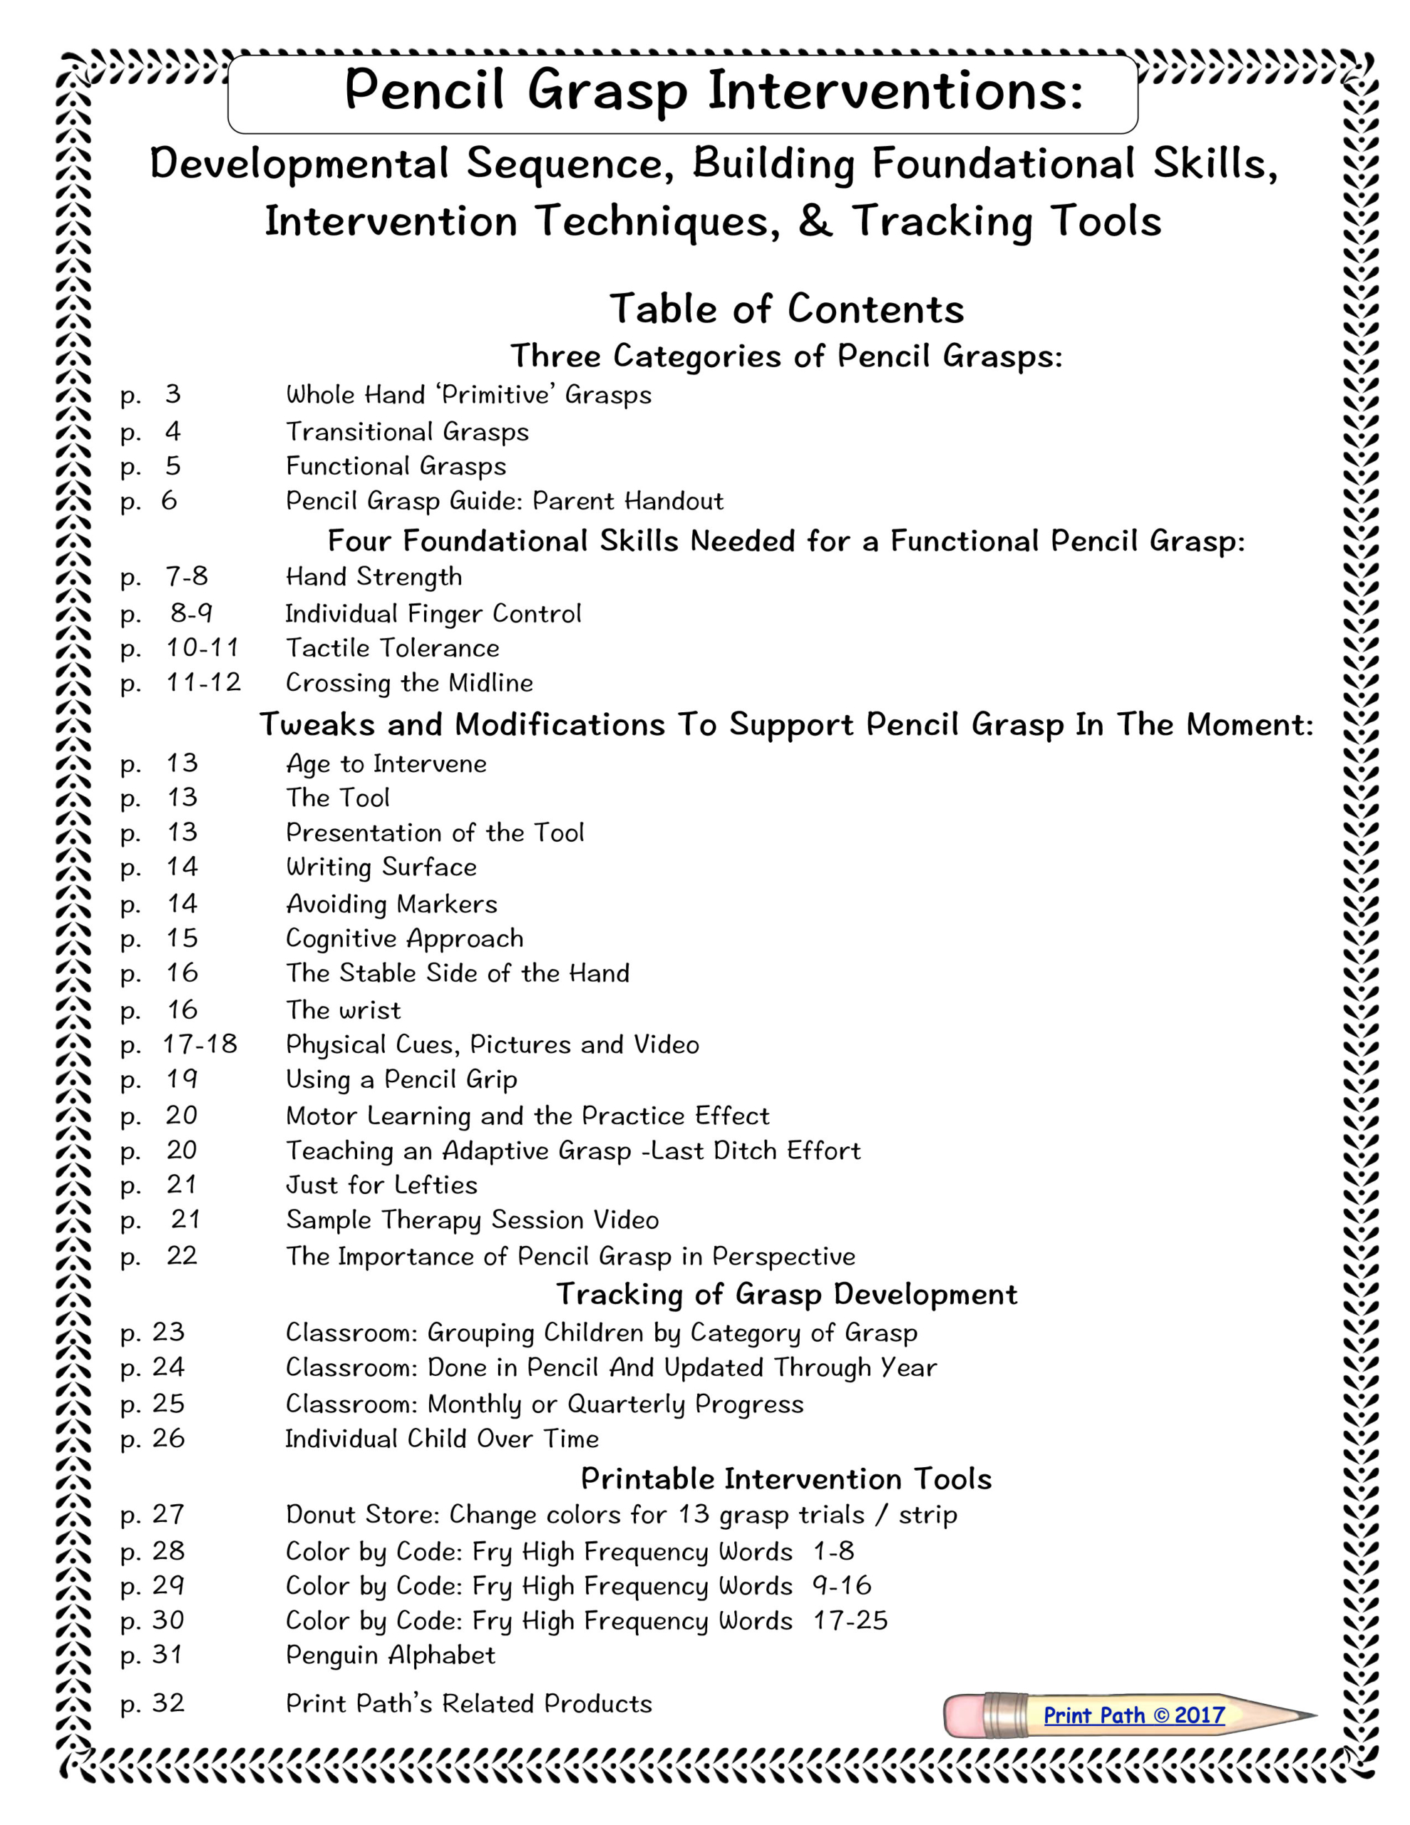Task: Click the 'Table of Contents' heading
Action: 786,309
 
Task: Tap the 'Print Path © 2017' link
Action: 1133,1715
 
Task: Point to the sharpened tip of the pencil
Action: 1308,1715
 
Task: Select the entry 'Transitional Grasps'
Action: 407,432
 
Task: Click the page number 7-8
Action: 186,577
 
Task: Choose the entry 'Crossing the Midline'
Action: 408,683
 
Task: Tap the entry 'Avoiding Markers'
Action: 391,904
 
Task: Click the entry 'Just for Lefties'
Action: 381,1185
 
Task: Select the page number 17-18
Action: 200,1044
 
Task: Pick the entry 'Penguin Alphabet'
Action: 391,1655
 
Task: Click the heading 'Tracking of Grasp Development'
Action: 786,1295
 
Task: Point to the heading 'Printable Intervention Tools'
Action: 786,1479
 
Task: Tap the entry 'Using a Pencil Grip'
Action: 401,1079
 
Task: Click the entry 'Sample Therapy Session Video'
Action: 472,1220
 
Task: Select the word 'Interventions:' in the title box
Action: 895,91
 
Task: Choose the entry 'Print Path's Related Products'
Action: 468,1704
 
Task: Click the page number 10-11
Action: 202,647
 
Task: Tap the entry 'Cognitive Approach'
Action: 404,938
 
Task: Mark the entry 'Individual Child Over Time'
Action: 442,1439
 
